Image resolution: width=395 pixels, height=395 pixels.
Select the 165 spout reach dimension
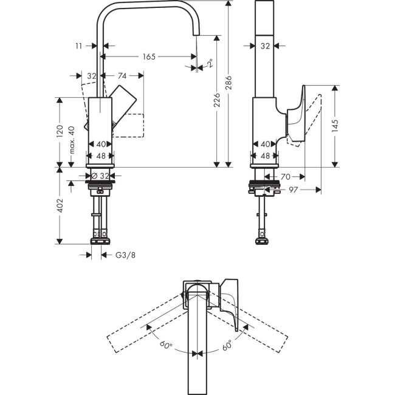[x=148, y=57]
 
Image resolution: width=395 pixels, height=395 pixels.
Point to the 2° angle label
[x=209, y=63]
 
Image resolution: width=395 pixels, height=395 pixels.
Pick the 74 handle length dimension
[x=122, y=76]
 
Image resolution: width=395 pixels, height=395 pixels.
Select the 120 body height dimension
[x=60, y=131]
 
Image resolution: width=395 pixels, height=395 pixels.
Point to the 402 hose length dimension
[x=60, y=206]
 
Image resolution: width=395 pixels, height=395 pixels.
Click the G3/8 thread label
[x=125, y=255]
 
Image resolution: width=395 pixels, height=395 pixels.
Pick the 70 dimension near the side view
[x=285, y=177]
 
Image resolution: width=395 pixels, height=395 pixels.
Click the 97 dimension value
[x=294, y=191]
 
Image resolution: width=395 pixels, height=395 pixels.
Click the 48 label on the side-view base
[x=265, y=156]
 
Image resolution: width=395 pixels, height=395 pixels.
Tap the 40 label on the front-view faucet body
[x=101, y=144]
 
